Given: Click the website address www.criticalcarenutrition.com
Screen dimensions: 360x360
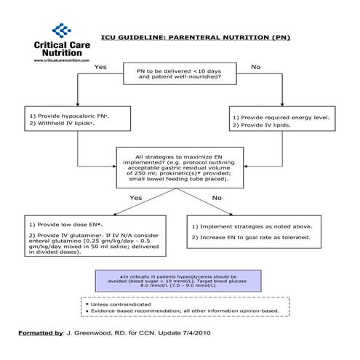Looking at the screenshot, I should [62, 61].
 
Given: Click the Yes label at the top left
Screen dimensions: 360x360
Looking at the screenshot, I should [100, 67].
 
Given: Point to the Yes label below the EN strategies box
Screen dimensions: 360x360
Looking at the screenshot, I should [136, 198].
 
